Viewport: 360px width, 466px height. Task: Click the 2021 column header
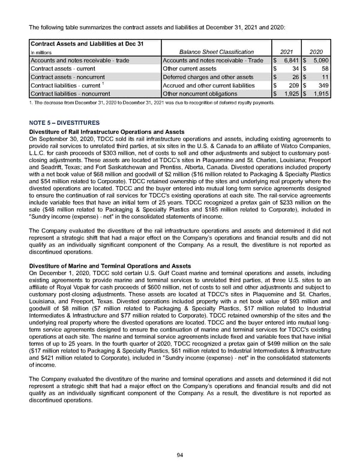pos(287,52)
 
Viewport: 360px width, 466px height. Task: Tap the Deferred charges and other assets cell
pos(208,77)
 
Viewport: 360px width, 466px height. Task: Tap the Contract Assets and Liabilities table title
pos(83,43)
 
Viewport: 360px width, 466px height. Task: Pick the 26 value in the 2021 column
pos(294,77)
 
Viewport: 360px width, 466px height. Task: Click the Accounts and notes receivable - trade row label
pos(79,60)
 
